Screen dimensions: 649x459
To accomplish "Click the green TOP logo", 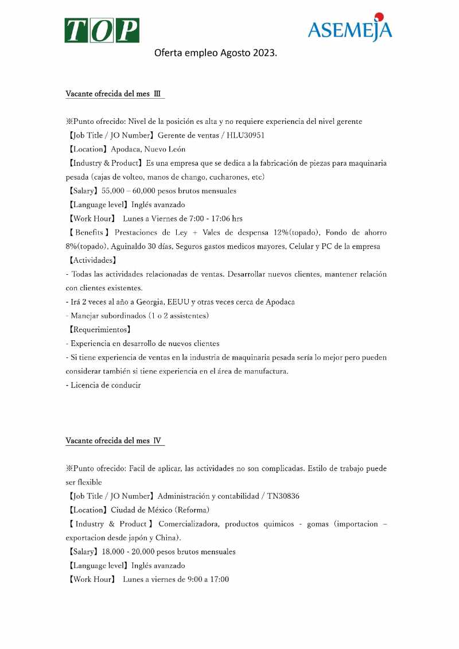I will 102,30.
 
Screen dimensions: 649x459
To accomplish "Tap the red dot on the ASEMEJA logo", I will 379,17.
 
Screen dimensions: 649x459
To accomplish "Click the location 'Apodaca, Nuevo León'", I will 148,149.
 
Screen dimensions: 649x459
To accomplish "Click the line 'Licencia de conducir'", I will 106,385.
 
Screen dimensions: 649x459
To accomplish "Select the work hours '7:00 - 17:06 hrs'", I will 205,219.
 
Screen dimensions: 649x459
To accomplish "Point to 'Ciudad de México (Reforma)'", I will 160,510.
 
